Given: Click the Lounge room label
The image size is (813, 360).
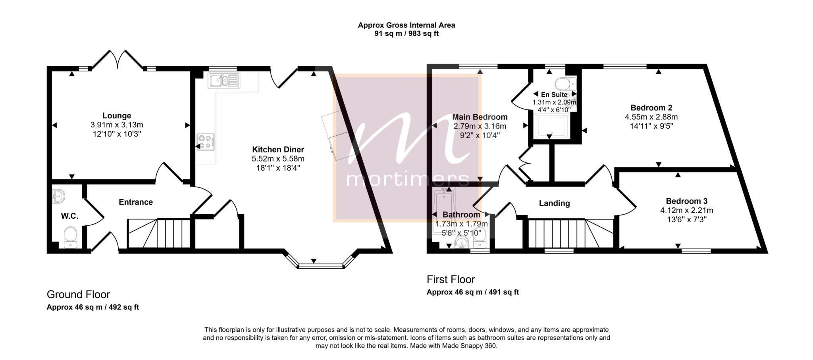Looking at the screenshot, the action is [117, 116].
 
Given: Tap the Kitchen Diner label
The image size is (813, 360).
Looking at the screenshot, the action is [278, 150].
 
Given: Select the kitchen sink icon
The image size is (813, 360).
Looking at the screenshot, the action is [223, 81].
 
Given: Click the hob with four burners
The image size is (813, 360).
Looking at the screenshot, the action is [206, 142].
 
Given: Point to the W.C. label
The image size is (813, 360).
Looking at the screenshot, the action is [69, 216].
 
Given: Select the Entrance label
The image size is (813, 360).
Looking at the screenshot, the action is [136, 202].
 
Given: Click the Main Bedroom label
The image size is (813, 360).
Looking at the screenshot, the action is [480, 117].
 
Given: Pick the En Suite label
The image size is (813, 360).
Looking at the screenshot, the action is [554, 94].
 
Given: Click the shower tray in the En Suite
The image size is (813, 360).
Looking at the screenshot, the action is [552, 126].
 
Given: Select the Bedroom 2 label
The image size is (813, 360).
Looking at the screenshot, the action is [651, 108].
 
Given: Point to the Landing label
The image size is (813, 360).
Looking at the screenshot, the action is [554, 203].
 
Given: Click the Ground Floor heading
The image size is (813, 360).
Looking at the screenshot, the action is [78, 295].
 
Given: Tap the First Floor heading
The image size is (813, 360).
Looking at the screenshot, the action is [451, 279].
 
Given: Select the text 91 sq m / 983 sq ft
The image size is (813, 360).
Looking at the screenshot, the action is [406, 34].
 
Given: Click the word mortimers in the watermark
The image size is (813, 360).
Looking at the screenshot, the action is [408, 179].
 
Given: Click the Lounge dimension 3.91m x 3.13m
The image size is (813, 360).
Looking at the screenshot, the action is [117, 125].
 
